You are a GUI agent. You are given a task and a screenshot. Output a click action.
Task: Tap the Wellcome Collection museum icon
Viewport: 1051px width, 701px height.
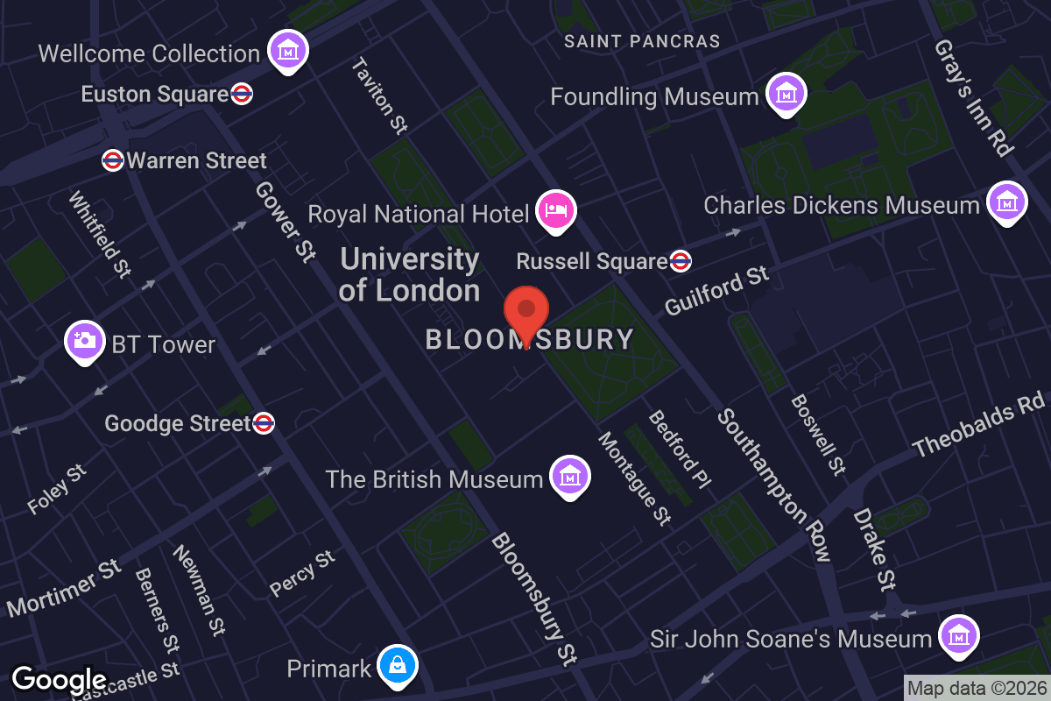point(286,52)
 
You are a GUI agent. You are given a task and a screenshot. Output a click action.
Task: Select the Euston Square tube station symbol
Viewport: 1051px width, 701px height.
point(243,94)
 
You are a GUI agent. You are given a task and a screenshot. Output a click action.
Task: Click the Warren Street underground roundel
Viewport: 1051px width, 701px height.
point(112,160)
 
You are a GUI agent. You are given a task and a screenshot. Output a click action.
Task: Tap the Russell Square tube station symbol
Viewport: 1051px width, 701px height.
point(681,260)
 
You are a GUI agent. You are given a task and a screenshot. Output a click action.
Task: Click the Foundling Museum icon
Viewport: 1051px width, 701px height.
point(785,93)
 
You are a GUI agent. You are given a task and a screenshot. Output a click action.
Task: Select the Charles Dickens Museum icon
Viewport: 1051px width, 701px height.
point(1006,202)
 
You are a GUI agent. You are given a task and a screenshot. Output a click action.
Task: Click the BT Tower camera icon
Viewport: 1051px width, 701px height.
point(85,342)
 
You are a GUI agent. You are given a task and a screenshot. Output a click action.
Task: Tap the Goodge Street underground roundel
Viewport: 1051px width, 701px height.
point(264,423)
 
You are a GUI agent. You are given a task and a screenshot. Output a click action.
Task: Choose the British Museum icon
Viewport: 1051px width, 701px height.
point(569,477)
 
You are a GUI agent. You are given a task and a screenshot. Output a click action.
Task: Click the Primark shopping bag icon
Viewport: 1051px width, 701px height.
point(397,667)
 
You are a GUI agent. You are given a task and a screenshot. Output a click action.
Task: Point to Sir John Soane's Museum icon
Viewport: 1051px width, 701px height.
point(958,636)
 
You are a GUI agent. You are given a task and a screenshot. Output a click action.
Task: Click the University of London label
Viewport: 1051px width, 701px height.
point(410,274)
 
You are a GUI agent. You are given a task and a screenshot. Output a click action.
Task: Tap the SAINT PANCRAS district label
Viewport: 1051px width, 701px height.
point(642,41)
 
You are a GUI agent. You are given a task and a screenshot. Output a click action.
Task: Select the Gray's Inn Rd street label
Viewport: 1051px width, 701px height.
point(973,97)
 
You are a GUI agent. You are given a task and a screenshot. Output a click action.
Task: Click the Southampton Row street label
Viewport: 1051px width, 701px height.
point(773,485)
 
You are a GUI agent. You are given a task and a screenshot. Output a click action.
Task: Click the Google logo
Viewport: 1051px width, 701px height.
point(59,679)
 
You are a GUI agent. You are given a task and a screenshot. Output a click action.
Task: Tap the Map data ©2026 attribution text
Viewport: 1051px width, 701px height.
point(977,688)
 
